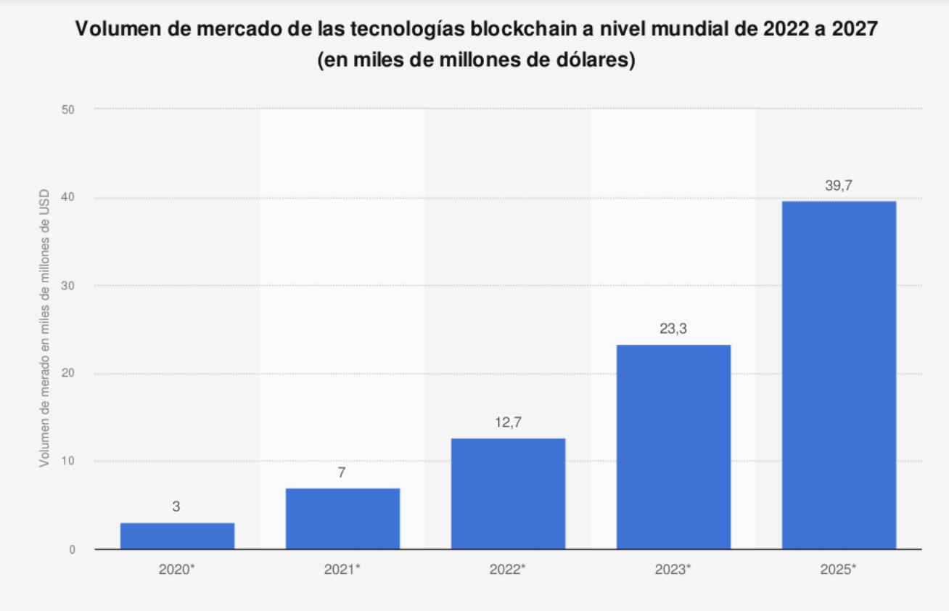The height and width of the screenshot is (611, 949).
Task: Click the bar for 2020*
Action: pyautogui.click(x=177, y=536)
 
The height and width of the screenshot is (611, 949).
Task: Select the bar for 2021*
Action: pyautogui.click(x=342, y=518)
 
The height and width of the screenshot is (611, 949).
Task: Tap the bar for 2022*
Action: pyautogui.click(x=508, y=493)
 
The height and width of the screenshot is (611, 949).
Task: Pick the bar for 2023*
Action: pyautogui.click(x=673, y=446)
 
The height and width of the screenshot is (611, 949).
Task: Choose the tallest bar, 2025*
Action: pyautogui.click(x=839, y=374)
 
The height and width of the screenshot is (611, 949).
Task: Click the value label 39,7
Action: pyautogui.click(x=839, y=186)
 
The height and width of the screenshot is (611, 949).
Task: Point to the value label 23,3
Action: pyautogui.click(x=673, y=329)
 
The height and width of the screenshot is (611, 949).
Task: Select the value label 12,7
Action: pyautogui.click(x=508, y=423)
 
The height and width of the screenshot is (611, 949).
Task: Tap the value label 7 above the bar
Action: pyautogui.click(x=342, y=473)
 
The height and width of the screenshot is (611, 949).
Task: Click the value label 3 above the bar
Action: pyautogui.click(x=176, y=507)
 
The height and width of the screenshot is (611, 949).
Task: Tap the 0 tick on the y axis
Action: pyautogui.click(x=73, y=549)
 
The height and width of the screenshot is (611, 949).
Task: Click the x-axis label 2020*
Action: pyautogui.click(x=177, y=570)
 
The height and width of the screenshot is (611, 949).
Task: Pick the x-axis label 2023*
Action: pyautogui.click(x=673, y=570)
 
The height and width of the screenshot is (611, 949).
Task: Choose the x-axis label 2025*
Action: pyautogui.click(x=839, y=570)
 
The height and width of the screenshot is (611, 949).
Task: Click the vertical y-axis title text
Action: pyautogui.click(x=44, y=328)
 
